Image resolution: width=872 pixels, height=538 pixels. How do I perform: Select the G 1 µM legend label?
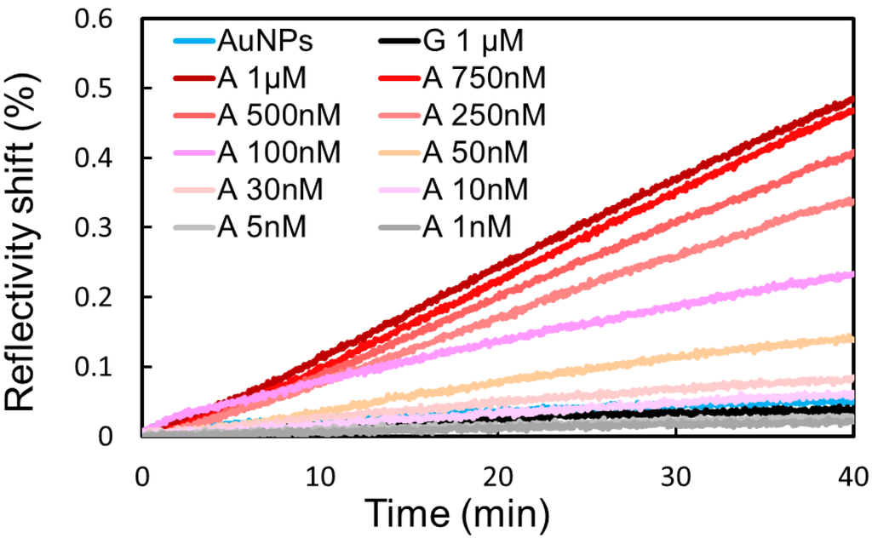click(x=473, y=41)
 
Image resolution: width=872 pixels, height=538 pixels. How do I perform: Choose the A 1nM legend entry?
click(x=468, y=228)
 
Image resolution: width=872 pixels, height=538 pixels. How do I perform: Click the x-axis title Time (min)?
click(x=456, y=513)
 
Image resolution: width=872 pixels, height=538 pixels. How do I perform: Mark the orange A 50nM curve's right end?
click(x=852, y=339)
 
